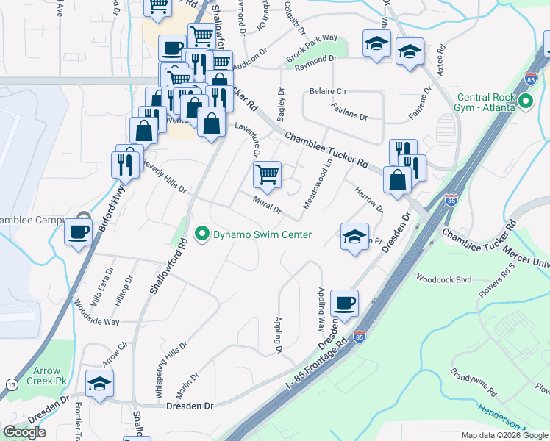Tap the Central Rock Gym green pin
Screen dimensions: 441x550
click(x=526, y=102)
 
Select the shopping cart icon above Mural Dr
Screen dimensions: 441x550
click(x=267, y=175)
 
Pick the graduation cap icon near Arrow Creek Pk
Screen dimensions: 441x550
click(x=100, y=384)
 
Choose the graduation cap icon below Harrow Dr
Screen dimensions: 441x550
click(x=354, y=237)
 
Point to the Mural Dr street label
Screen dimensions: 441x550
click(x=267, y=204)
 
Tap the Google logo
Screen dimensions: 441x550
click(x=25, y=432)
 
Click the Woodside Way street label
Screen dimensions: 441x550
click(x=96, y=312)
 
